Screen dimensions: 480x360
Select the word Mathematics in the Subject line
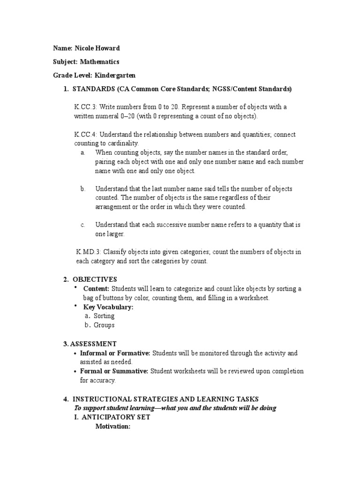point(99,61)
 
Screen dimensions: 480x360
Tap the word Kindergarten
point(115,75)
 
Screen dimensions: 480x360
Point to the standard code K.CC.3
point(85,107)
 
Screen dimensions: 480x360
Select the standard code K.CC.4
point(85,135)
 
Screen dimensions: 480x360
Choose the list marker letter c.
point(82,225)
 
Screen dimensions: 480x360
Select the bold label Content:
point(96,289)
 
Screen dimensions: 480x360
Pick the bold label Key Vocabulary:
point(108,307)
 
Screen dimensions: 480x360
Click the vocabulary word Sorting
point(104,316)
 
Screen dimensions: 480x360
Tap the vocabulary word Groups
point(104,325)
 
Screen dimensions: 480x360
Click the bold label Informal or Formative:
point(115,353)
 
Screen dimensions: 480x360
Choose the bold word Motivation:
point(112,427)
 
